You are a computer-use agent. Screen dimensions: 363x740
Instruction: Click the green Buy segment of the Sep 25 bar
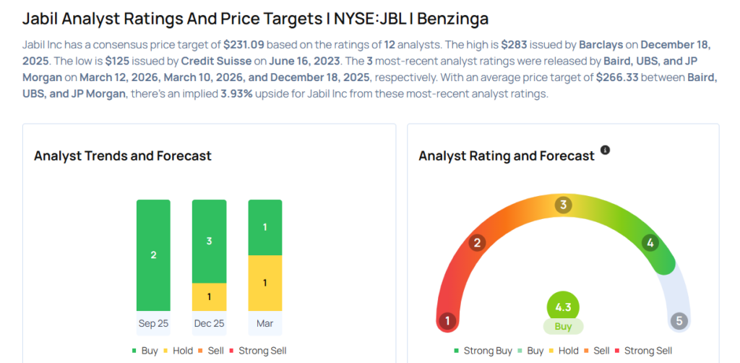click(x=153, y=255)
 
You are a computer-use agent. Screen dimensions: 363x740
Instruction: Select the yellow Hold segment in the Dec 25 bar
click(x=209, y=296)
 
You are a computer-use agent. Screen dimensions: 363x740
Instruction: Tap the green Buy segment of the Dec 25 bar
click(x=209, y=241)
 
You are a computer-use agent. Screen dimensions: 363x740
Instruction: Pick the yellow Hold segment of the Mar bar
click(x=264, y=283)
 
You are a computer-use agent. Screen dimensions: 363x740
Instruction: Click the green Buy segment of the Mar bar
click(x=264, y=227)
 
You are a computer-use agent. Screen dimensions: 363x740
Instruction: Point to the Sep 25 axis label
click(x=153, y=323)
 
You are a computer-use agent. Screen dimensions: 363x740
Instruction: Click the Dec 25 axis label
click(x=209, y=323)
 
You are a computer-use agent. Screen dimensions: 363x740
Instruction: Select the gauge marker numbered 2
click(x=476, y=243)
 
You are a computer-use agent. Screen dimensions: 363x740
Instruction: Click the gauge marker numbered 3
click(x=563, y=205)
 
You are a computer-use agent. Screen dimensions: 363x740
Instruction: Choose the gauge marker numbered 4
click(x=650, y=243)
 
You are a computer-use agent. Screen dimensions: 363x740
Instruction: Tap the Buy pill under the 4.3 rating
click(x=563, y=326)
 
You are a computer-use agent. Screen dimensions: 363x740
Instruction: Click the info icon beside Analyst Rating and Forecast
click(x=606, y=150)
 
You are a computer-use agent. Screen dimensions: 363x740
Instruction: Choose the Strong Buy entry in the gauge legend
click(x=483, y=351)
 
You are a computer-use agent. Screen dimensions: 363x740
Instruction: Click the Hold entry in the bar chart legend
click(x=178, y=351)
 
